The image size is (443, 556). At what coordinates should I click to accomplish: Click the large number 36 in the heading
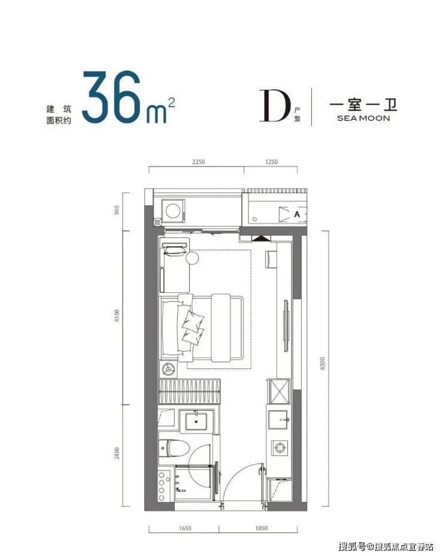(x=111, y=96)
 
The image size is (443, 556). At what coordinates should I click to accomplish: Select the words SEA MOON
(x=363, y=118)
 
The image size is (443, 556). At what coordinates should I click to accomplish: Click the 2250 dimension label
(x=199, y=162)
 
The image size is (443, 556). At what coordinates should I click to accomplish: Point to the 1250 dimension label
(x=271, y=162)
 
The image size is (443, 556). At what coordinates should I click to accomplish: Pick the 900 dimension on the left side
(x=117, y=210)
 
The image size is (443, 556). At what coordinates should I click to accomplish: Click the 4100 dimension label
(x=117, y=316)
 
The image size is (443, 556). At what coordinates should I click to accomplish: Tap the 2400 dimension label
(x=117, y=453)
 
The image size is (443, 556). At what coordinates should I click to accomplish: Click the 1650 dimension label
(x=184, y=528)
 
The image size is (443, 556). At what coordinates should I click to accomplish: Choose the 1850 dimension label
(x=261, y=528)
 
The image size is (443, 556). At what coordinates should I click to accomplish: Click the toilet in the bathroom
(x=174, y=448)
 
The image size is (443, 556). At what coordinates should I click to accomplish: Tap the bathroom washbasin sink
(x=196, y=421)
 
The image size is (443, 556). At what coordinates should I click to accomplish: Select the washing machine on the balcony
(x=173, y=211)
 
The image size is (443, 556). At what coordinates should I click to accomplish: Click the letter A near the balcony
(x=297, y=214)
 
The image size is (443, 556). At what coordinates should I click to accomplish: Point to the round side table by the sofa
(x=192, y=258)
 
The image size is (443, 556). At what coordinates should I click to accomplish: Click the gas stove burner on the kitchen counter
(x=280, y=448)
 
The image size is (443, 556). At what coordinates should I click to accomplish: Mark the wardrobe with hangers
(x=189, y=391)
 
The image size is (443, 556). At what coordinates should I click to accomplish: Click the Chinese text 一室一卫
(x=363, y=105)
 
